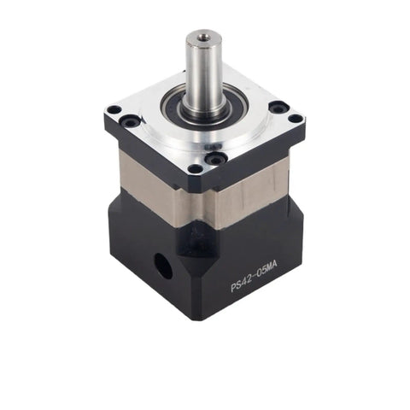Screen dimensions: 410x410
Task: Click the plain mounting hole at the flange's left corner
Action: click(114, 109)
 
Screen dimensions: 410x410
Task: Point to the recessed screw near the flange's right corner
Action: click(277, 107)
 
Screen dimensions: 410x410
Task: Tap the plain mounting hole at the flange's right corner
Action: click(296, 118)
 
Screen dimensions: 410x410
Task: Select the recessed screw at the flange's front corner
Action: click(217, 157)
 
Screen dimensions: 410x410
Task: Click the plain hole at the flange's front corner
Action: click(196, 168)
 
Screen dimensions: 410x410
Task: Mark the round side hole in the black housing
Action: click(163, 266)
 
